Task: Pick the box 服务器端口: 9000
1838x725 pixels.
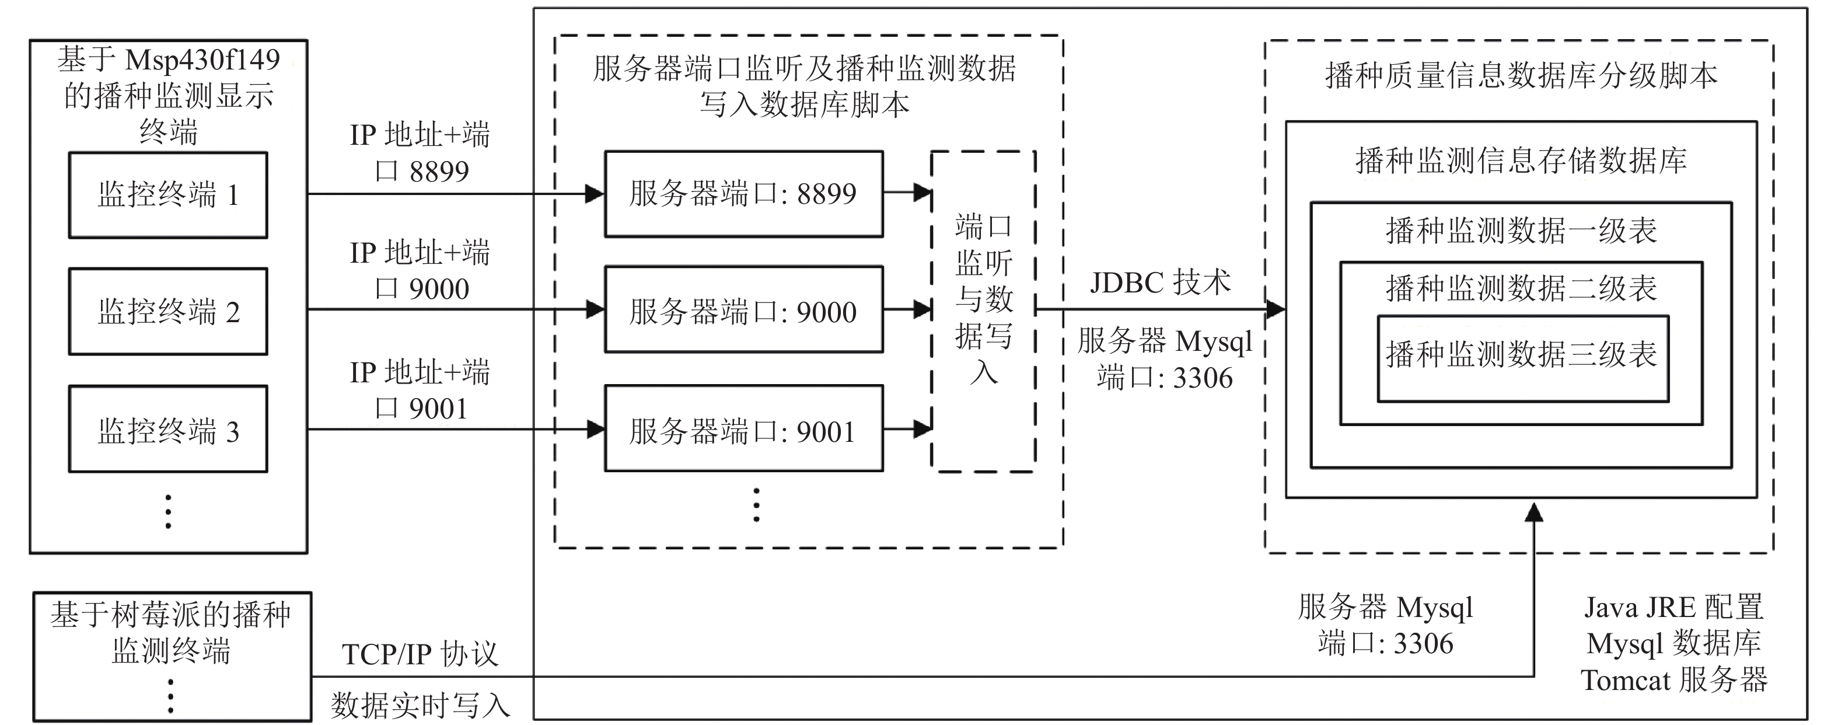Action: click(x=743, y=311)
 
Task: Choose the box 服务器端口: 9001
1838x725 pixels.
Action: click(x=743, y=430)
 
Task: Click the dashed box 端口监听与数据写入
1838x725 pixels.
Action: click(x=983, y=312)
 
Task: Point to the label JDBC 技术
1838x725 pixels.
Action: click(x=1160, y=283)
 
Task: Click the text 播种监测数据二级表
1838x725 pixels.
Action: click(x=1521, y=288)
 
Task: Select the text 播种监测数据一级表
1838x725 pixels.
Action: click(x=1521, y=231)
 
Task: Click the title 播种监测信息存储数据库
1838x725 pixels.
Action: click(x=1521, y=160)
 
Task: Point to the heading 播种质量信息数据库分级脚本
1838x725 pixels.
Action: click(x=1521, y=75)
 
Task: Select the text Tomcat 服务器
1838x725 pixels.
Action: click(x=1674, y=680)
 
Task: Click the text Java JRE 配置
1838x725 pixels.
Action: click(x=1674, y=607)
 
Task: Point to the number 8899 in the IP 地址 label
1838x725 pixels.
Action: click(x=439, y=171)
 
